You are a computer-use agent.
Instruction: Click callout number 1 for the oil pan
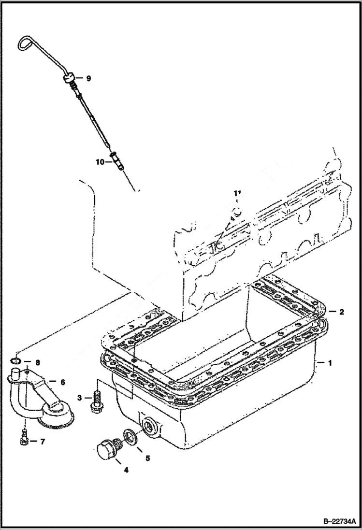(330, 362)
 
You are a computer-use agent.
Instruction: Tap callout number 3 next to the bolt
(79, 398)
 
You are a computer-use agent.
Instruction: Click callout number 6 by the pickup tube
(62, 381)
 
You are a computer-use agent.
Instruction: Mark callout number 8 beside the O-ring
(37, 361)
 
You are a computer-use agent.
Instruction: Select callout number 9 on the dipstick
(88, 78)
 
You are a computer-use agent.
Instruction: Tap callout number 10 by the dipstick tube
(99, 162)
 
